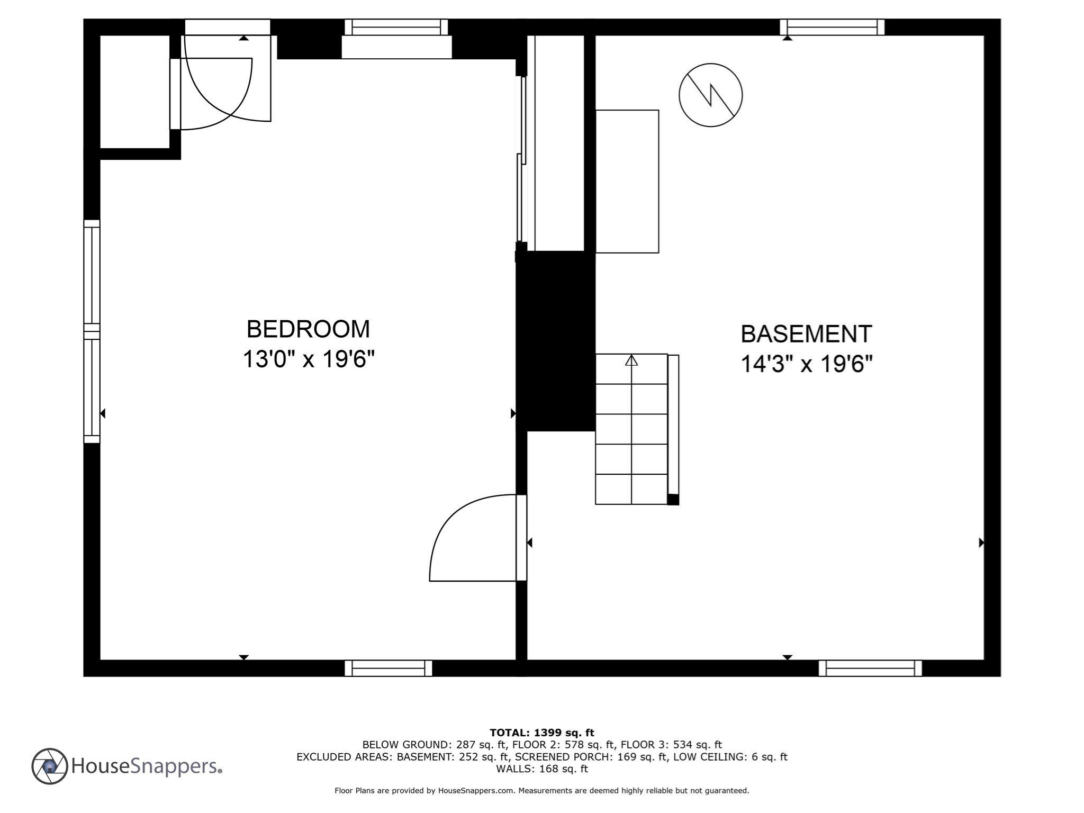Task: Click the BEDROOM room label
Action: point(308,329)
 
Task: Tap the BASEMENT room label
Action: point(806,334)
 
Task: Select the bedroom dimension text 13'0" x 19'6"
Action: point(308,359)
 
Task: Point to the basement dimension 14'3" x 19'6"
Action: point(806,364)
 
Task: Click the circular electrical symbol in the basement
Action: point(710,95)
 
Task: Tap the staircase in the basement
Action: point(631,429)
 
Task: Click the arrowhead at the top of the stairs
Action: point(631,360)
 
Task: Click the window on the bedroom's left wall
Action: point(92,331)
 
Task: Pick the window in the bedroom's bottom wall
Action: point(388,668)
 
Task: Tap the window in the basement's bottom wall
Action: point(870,668)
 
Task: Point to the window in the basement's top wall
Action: point(832,27)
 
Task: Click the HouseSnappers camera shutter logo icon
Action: point(50,766)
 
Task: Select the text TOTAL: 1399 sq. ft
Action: point(541,733)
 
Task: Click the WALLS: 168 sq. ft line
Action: point(541,769)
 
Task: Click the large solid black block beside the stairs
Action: point(556,341)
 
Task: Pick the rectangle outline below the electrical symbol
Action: point(627,181)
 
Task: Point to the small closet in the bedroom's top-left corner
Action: point(134,92)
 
